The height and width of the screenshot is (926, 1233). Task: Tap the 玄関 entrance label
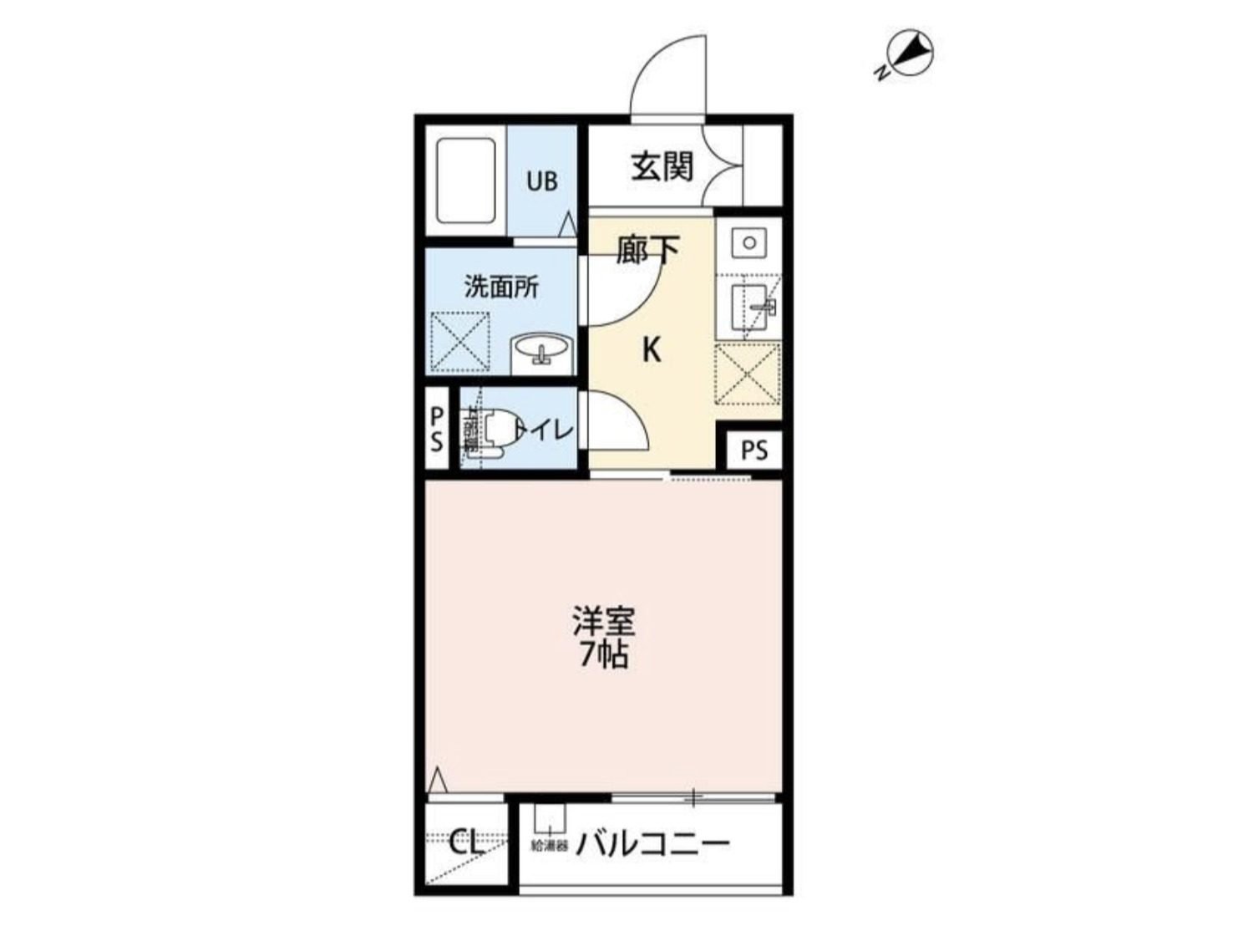(x=662, y=165)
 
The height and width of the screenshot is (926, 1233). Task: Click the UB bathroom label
(x=541, y=181)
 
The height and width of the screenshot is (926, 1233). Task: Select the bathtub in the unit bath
(x=465, y=181)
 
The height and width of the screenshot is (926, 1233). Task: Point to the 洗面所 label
(x=501, y=287)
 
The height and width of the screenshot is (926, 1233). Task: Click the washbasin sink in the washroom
(x=540, y=349)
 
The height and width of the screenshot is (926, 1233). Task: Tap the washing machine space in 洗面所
(x=459, y=342)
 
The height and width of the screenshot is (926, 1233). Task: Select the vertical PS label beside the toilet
(x=437, y=429)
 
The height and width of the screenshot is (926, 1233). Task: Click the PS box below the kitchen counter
(x=753, y=451)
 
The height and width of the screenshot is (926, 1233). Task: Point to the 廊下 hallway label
(x=647, y=250)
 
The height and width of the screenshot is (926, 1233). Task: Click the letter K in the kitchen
(x=652, y=350)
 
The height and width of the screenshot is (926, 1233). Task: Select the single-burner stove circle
(x=748, y=243)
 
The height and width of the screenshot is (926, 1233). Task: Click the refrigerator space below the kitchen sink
(x=748, y=374)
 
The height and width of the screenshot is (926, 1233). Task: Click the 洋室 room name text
(x=603, y=622)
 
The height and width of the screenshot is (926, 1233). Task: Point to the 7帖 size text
(x=603, y=656)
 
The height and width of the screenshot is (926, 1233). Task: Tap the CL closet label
(x=466, y=842)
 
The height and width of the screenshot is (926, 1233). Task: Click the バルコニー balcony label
(x=652, y=844)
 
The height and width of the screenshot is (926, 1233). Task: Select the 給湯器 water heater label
(x=550, y=847)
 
